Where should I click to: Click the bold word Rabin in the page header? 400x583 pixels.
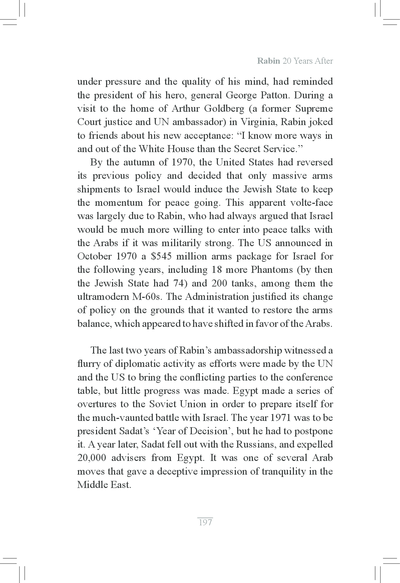coord(268,61)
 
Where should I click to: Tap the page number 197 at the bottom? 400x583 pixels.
coord(205,522)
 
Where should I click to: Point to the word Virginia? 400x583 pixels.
coord(257,122)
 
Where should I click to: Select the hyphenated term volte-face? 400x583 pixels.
coord(311,203)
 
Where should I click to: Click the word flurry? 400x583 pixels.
coord(89,364)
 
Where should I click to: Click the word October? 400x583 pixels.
coord(94,256)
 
